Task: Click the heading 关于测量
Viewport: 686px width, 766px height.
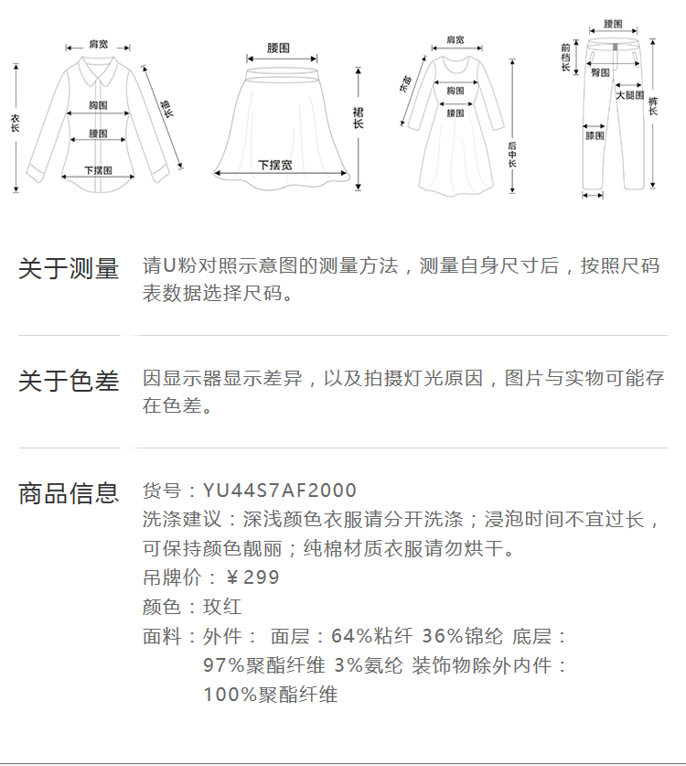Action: pyautogui.click(x=69, y=269)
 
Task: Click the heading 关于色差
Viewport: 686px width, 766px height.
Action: pyautogui.click(x=69, y=381)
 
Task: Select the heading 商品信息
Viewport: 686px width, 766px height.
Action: pyautogui.click(x=69, y=493)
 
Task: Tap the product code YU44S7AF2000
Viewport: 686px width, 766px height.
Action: pyautogui.click(x=280, y=491)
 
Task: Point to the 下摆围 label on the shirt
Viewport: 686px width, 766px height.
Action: pyautogui.click(x=98, y=170)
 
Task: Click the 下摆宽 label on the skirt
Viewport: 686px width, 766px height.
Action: pyautogui.click(x=274, y=165)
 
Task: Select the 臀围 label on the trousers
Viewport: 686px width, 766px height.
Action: pyautogui.click(x=601, y=72)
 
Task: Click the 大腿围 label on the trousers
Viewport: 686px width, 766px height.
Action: pyautogui.click(x=629, y=95)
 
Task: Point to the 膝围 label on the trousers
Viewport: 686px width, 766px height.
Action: pyautogui.click(x=595, y=135)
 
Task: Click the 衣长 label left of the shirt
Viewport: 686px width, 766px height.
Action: pyautogui.click(x=15, y=124)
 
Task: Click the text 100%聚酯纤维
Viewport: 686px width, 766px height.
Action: pyautogui.click(x=271, y=695)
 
